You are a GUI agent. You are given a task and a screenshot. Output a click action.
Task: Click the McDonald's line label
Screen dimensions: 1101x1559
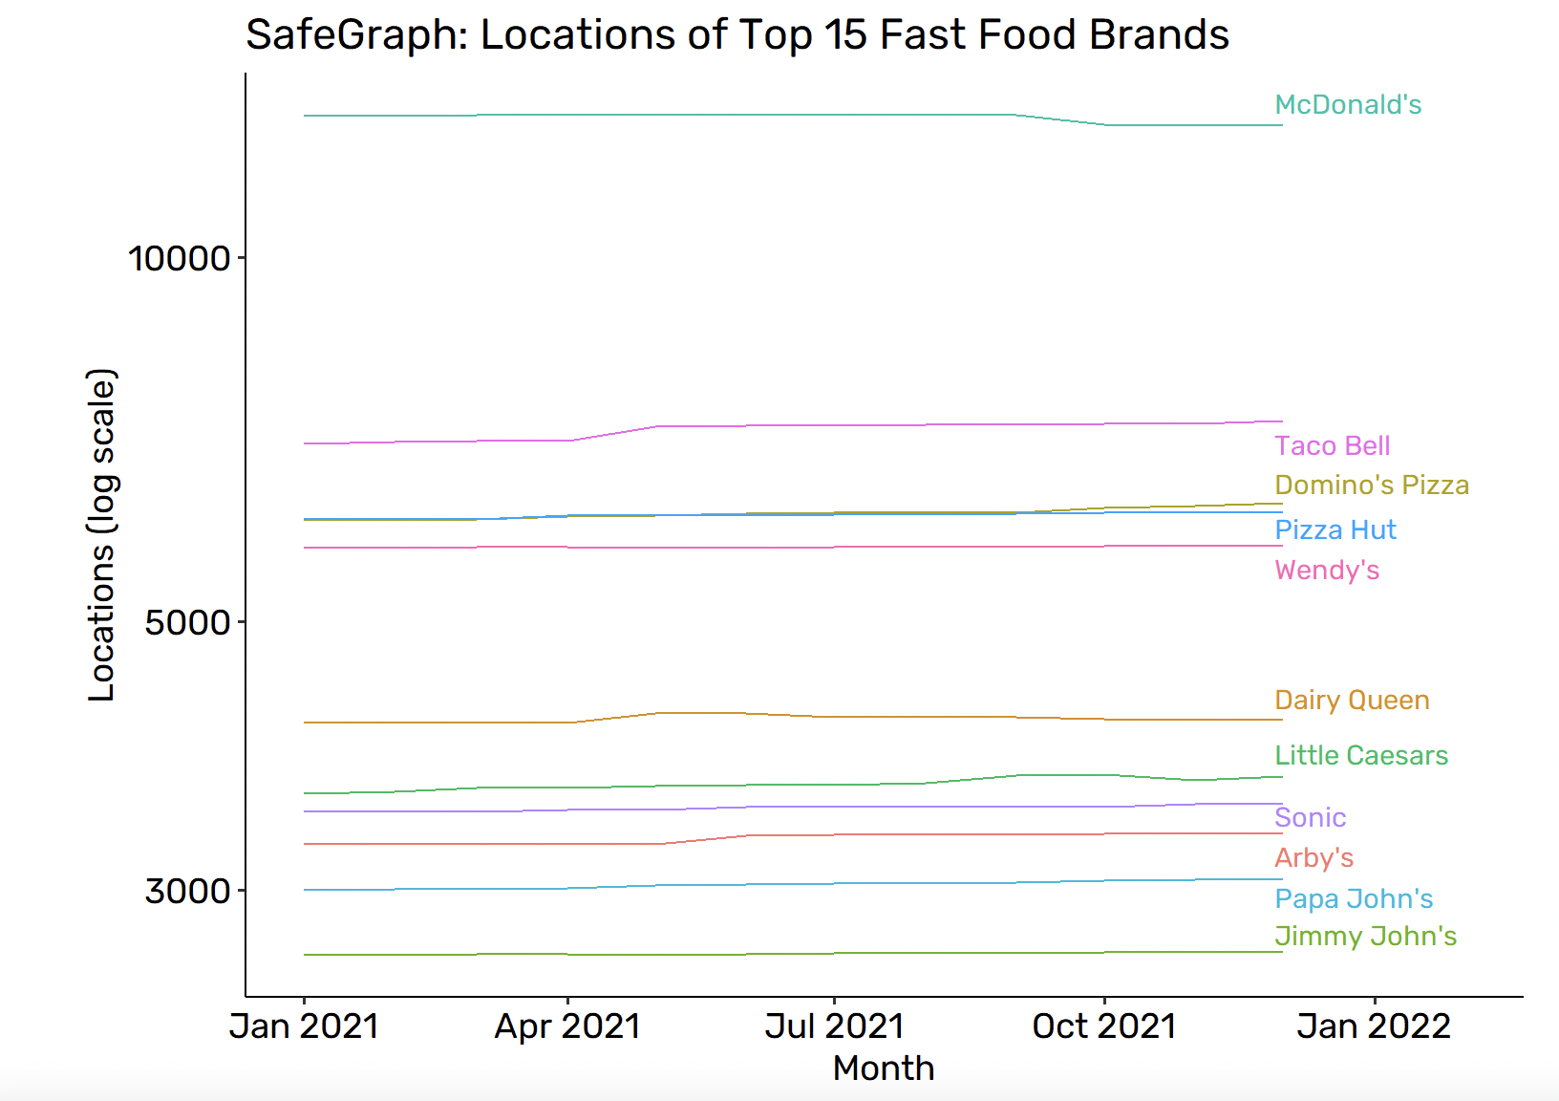(1348, 105)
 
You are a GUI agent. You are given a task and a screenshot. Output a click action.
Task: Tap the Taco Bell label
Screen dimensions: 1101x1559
(1332, 446)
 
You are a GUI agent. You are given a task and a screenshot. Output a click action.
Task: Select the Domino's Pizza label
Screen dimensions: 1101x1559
(1371, 486)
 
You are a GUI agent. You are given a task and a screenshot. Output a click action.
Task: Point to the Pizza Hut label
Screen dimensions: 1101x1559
(1335, 530)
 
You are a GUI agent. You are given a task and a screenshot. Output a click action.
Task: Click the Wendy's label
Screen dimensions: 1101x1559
(1327, 571)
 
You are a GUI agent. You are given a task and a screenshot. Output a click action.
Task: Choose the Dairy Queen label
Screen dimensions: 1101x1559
(1352, 701)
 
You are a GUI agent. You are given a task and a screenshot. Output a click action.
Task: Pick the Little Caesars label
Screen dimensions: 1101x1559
(1361, 756)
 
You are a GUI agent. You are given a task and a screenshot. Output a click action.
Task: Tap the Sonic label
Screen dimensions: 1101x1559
(1310, 818)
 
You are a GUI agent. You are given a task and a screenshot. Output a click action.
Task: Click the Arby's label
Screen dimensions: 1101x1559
(1313, 858)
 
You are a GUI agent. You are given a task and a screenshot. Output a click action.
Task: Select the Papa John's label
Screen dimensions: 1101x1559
(1354, 899)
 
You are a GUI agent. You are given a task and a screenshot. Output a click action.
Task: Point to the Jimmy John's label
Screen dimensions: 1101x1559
(1365, 937)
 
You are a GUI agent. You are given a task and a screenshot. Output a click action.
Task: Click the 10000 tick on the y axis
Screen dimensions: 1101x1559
(180, 258)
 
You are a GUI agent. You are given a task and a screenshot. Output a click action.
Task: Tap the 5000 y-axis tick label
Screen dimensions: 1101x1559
(187, 622)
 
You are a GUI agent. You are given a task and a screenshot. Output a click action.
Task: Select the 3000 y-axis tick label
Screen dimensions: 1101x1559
(187, 891)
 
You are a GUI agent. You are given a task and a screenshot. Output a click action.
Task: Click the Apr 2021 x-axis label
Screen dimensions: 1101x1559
(567, 1026)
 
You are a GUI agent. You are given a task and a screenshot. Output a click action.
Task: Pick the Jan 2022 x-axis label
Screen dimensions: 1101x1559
(1374, 1026)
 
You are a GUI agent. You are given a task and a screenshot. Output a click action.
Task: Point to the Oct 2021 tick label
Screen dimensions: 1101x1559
(1103, 1026)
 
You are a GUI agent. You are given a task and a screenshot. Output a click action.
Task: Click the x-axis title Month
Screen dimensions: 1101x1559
(884, 1069)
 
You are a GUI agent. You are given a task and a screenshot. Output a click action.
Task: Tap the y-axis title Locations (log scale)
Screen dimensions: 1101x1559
(101, 535)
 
